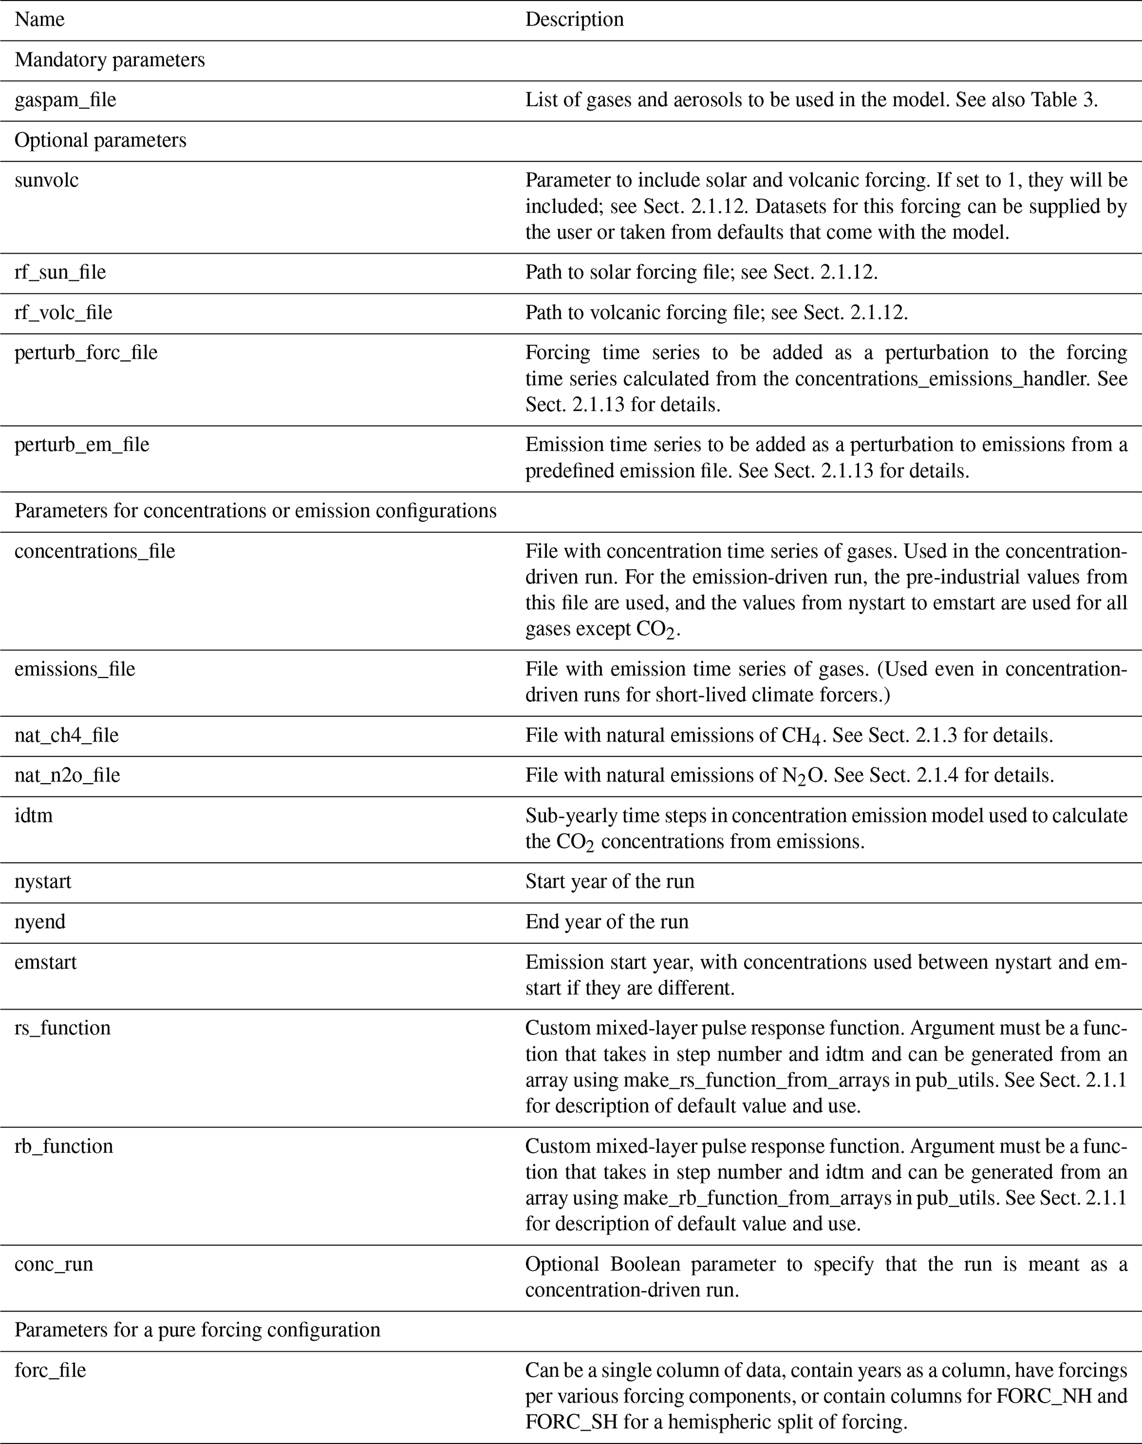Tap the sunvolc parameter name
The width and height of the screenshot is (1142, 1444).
46,181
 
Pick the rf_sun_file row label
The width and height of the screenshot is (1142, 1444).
60,272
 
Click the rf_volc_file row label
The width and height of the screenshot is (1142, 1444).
64,312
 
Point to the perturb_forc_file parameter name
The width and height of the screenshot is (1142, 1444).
86,353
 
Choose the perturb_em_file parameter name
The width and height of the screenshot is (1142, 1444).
82,445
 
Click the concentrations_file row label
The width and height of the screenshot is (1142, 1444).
95,551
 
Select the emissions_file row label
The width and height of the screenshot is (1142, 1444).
75,669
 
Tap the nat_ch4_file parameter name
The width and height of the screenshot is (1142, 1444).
67,736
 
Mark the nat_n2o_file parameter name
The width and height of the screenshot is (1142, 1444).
67,776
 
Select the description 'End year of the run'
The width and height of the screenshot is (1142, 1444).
607,922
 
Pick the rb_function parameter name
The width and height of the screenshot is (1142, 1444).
64,1146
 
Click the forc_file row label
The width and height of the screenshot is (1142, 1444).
50,1371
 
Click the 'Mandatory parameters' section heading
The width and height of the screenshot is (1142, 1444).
109,60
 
